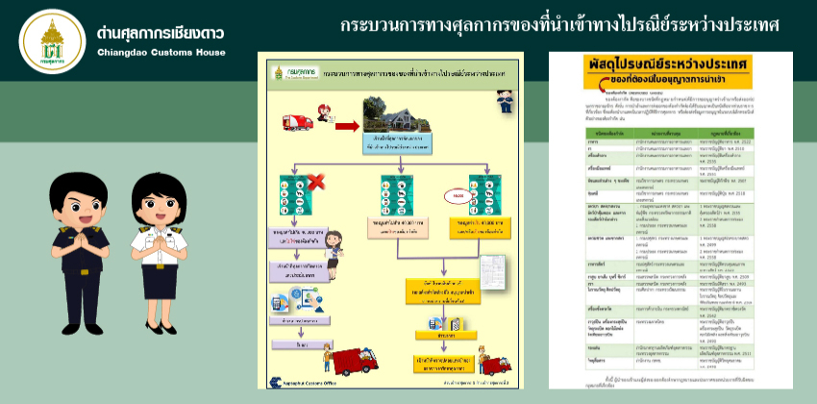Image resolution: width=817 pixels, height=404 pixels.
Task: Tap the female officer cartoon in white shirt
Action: [156, 231]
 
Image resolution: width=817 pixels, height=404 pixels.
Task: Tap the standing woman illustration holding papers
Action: [334, 253]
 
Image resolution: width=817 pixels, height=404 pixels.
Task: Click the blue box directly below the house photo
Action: [392, 146]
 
